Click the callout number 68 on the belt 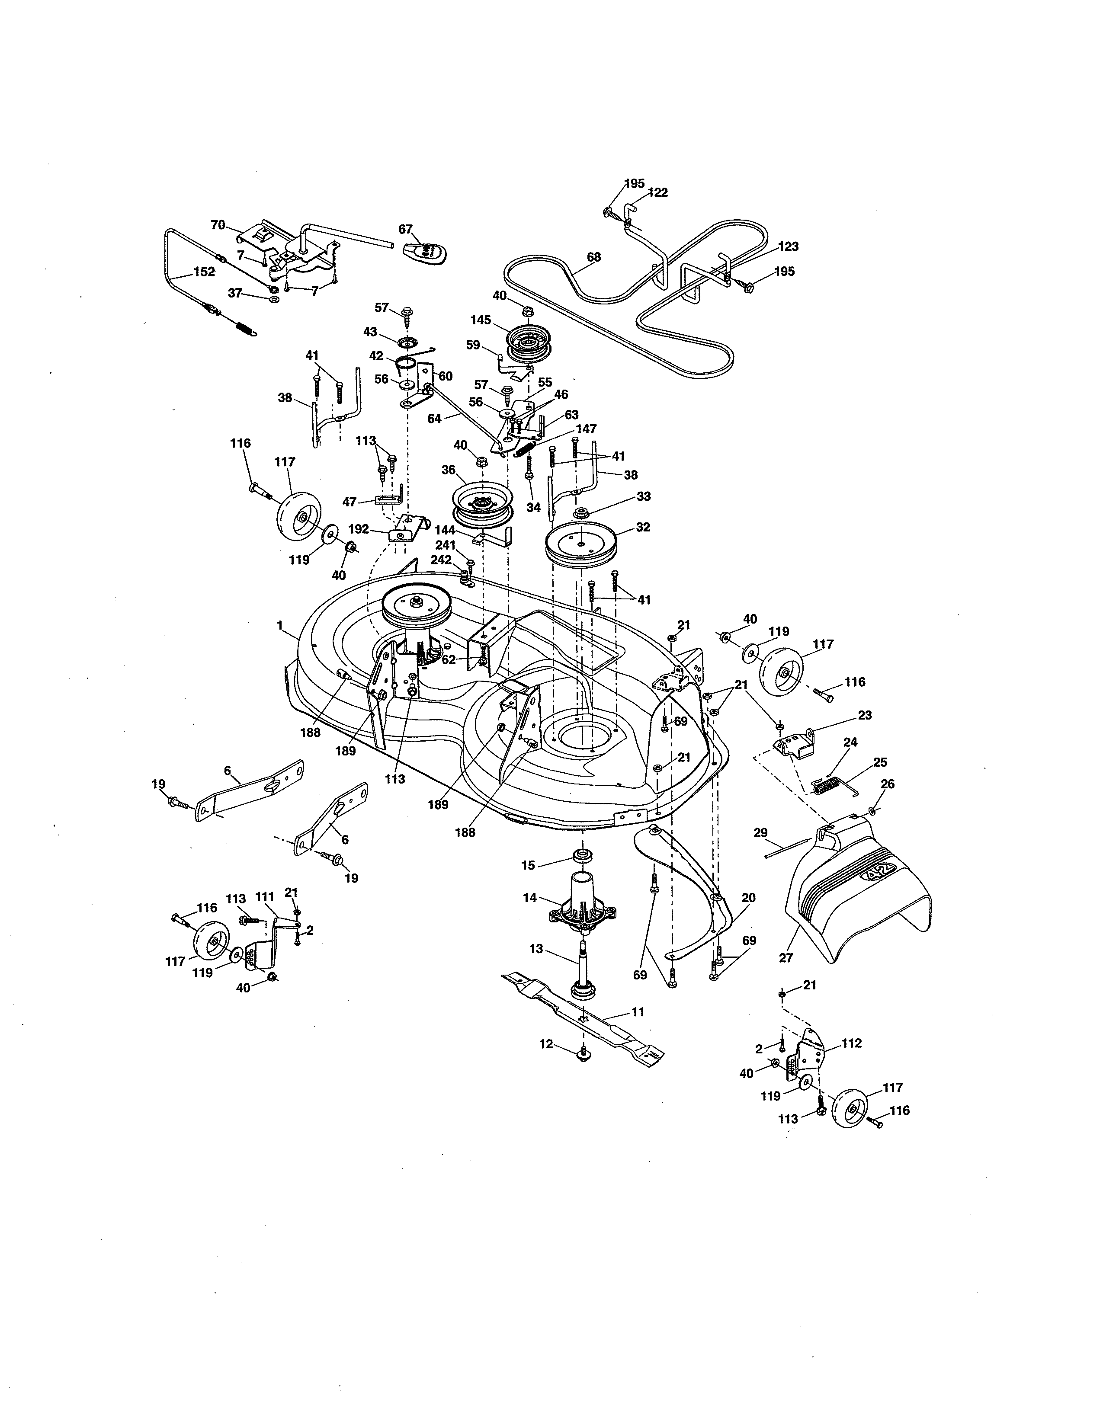[593, 257]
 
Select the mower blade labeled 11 [581, 1026]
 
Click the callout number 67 [405, 229]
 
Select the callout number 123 [788, 247]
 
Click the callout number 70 [218, 225]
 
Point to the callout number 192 [358, 529]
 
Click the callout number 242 [441, 560]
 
